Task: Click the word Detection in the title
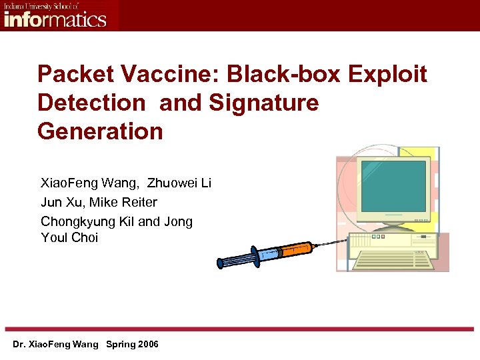[x=91, y=103]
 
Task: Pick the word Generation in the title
[x=100, y=131]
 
